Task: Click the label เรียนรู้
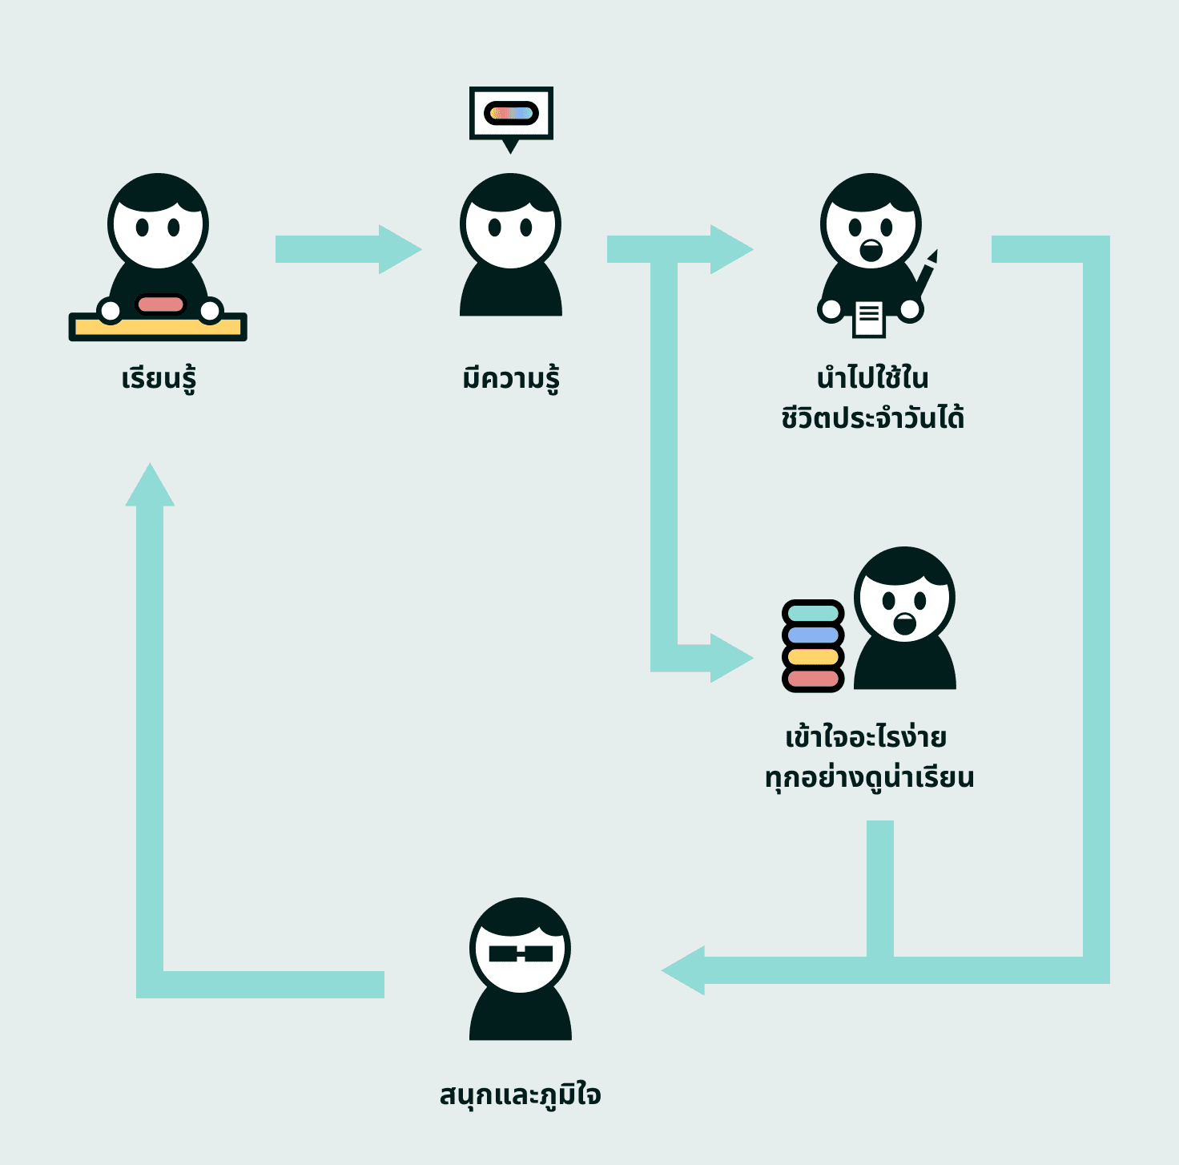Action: point(159,378)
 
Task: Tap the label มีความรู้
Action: point(511,378)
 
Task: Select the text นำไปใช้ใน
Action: point(872,377)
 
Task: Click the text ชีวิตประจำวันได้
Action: point(872,417)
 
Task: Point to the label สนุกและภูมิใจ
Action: point(520,1094)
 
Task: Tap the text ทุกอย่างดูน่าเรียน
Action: point(869,777)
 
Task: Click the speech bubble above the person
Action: point(511,114)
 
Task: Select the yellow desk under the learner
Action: point(158,328)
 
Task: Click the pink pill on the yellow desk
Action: point(160,304)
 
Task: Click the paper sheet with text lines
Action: point(869,318)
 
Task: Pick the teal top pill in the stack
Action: point(813,614)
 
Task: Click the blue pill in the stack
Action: point(813,635)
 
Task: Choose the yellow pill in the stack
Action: point(813,657)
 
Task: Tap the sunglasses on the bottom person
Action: point(521,953)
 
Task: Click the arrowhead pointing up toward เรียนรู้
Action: point(150,486)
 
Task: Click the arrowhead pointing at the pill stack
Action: point(730,658)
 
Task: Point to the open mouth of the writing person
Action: point(871,251)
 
